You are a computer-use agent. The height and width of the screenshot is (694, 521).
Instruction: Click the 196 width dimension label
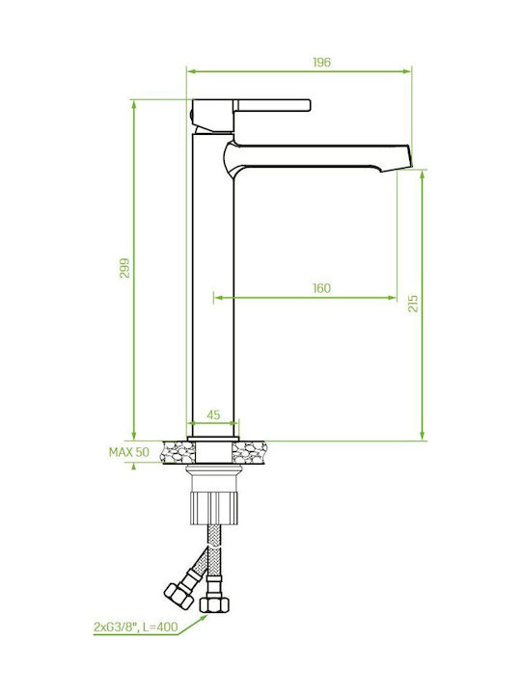(321, 63)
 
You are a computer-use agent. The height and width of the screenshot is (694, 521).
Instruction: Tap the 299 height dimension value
(124, 268)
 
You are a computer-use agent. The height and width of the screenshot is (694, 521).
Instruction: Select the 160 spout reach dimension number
(321, 288)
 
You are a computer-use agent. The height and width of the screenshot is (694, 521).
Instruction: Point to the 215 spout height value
(413, 304)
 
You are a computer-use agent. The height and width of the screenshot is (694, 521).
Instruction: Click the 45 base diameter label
(213, 414)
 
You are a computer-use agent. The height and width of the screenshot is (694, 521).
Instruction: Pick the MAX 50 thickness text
(129, 452)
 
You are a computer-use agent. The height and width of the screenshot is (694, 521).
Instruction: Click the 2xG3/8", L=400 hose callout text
(136, 627)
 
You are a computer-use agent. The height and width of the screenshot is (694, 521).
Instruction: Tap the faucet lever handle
(272, 105)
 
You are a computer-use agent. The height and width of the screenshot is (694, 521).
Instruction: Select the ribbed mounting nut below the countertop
(213, 507)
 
